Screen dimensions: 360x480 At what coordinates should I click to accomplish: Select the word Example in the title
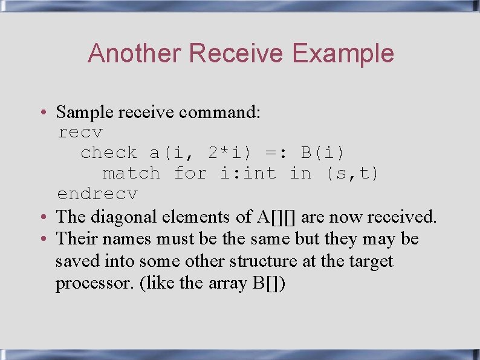pyautogui.click(x=343, y=53)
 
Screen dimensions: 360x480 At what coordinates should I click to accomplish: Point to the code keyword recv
pyautogui.click(x=80, y=133)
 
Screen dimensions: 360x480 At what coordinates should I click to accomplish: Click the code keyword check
pyautogui.click(x=109, y=152)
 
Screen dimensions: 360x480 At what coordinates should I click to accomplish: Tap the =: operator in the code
pyautogui.click(x=279, y=152)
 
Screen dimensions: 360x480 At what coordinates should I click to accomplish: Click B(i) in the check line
pyautogui.click(x=323, y=152)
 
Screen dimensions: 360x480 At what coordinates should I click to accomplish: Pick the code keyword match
pyautogui.click(x=131, y=174)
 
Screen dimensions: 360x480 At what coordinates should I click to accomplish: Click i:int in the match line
pyautogui.click(x=247, y=174)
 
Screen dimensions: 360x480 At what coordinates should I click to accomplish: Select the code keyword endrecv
pyautogui.click(x=97, y=194)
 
